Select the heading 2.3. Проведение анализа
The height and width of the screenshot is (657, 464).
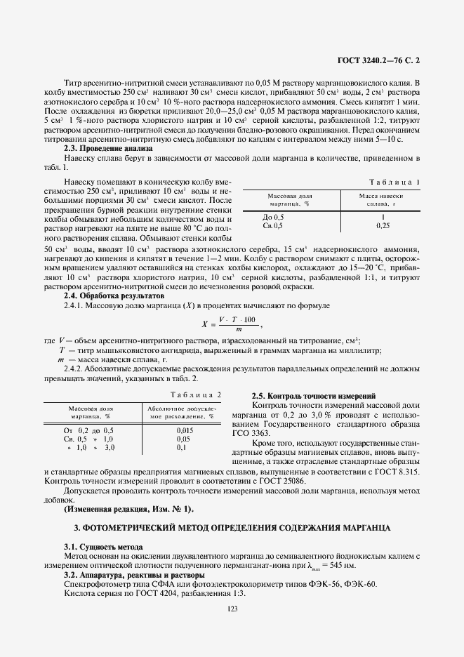click(x=108, y=148)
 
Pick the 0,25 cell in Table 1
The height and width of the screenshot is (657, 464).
click(x=383, y=226)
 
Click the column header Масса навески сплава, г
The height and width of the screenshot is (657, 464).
click(x=381, y=199)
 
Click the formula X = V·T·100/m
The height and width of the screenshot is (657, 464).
click(x=232, y=324)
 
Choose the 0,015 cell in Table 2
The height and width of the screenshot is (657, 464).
click(x=185, y=430)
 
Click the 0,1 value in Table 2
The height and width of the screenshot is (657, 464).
click(x=181, y=447)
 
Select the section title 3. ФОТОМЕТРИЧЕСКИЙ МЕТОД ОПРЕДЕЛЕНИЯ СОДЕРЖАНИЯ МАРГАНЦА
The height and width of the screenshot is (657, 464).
click(x=232, y=526)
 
